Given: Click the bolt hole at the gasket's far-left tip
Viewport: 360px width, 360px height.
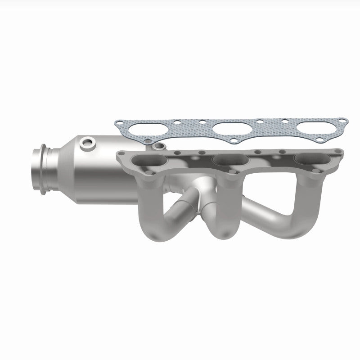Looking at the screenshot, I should tap(118, 123).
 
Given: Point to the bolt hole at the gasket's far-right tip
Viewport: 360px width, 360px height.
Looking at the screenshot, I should tap(343, 121).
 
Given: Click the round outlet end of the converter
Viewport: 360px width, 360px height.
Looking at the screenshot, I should tap(36, 167).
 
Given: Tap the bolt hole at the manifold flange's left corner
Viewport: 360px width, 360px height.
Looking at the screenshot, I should tap(121, 156).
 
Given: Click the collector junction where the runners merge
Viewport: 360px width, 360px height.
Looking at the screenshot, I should tap(198, 205).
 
